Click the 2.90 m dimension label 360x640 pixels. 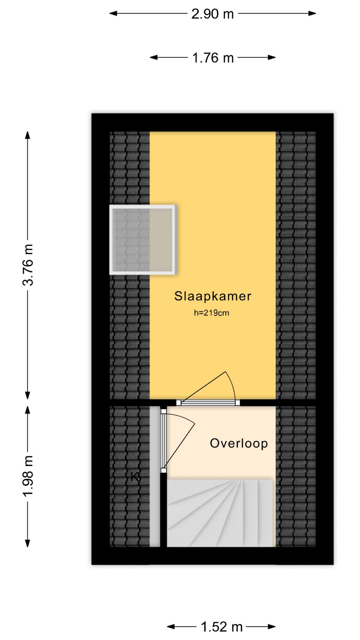[213, 14]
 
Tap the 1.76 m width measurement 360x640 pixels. [213, 58]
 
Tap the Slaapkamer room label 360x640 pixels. [213, 296]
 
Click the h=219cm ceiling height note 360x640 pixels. [211, 313]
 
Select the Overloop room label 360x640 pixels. [239, 443]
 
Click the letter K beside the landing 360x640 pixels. [135, 477]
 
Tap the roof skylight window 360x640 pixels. [143, 240]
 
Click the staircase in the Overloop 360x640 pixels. [220, 513]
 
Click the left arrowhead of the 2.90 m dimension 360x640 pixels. [113, 14]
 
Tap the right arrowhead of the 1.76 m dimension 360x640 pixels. [272, 57]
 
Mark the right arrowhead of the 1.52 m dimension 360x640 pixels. [272, 627]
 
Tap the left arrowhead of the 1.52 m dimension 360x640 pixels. [171, 627]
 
